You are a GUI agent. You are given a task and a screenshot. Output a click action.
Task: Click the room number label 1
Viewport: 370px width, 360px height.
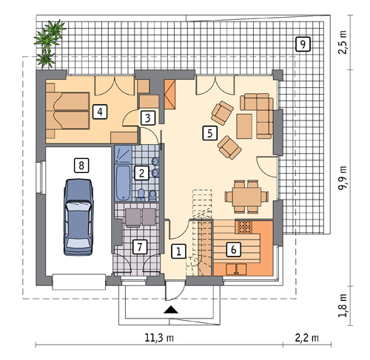point(178,251)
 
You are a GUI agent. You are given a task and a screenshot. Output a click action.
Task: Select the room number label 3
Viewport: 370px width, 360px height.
point(148,117)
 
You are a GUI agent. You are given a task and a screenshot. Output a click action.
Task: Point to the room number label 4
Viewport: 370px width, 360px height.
point(98,112)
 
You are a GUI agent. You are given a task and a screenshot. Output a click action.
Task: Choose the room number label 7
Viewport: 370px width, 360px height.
point(138,246)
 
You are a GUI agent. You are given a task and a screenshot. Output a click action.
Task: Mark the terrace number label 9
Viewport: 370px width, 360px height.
point(302,44)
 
